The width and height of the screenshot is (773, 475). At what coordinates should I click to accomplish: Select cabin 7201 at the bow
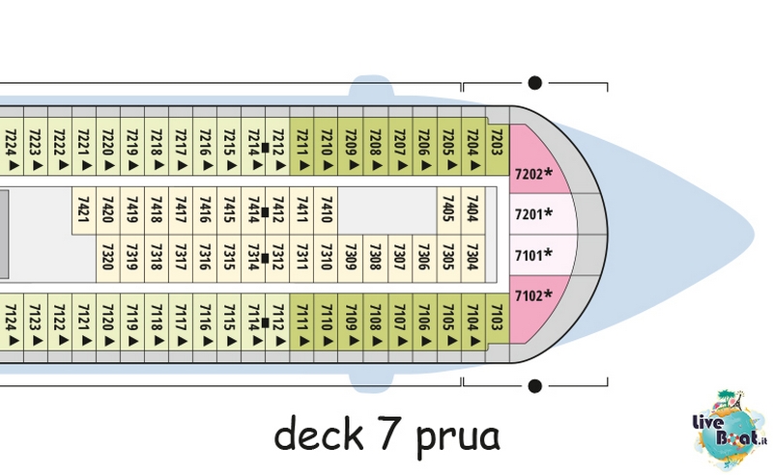pos(541,214)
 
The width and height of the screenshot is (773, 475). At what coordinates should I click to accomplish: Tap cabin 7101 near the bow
pos(541,255)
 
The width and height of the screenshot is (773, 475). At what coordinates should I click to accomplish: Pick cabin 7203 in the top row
pos(497,146)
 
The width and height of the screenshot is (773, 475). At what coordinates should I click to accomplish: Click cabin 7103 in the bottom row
pos(497,322)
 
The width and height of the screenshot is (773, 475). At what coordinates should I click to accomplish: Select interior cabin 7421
pos(84,210)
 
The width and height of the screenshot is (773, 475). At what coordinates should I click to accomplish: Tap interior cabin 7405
pos(448,210)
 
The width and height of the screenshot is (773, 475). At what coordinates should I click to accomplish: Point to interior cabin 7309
pos(351,258)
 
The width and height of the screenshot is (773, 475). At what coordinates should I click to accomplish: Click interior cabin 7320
pos(108,258)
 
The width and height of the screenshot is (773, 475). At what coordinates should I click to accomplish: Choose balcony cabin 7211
pos(301,146)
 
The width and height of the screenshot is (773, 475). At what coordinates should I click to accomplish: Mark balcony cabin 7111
pos(301,322)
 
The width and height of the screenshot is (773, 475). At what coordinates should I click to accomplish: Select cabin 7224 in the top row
pos(12,146)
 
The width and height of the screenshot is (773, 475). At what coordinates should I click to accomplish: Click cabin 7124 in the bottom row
pos(12,322)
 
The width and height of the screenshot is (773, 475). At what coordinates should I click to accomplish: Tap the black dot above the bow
pos(535,83)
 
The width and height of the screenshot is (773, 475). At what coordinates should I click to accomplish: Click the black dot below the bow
pos(535,386)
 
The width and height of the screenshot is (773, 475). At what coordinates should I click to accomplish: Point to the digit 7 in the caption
pos(389,433)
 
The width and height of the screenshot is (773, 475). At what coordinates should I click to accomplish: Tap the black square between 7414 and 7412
pos(265,212)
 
